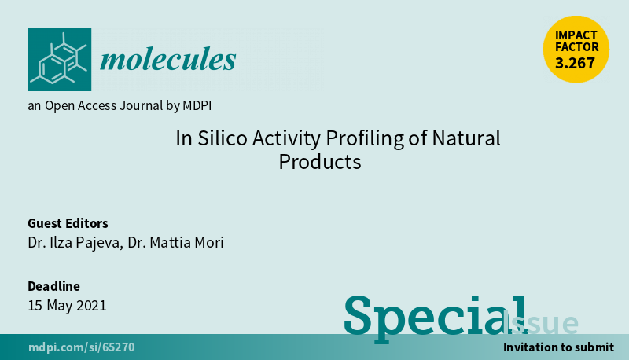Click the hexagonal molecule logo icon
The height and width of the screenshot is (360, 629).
[60, 59]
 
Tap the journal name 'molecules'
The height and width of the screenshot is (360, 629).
[168, 59]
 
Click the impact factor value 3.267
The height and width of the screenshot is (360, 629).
[575, 63]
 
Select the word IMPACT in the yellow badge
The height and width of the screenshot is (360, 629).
[576, 35]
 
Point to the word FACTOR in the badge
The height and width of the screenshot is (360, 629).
[577, 47]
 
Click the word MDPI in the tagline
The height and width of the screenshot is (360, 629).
[197, 105]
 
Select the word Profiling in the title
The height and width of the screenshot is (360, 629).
[365, 138]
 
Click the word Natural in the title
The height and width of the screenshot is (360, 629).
[466, 138]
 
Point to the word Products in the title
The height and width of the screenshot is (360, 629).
[320, 162]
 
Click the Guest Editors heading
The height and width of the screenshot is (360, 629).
[68, 223]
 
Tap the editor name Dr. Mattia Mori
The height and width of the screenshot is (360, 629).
[175, 243]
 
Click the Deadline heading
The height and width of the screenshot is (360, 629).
[53, 286]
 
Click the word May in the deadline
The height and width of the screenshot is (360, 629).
[60, 306]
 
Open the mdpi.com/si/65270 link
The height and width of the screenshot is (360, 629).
[82, 347]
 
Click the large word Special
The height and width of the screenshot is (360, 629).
[436, 318]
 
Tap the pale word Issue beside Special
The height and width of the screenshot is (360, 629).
[540, 323]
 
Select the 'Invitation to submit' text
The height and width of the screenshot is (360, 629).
[558, 347]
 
